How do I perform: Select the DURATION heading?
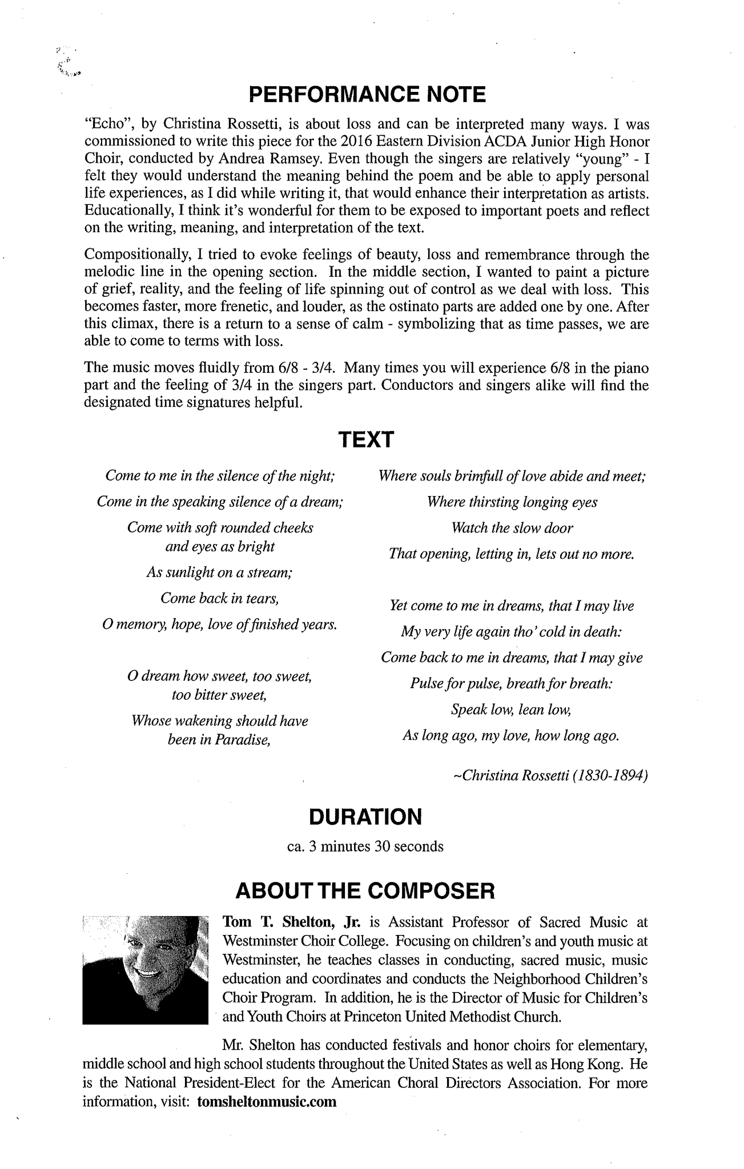365,817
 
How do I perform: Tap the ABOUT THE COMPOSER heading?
365,890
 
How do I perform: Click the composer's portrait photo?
146,968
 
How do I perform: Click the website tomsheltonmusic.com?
267,1102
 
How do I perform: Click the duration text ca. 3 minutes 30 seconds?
365,846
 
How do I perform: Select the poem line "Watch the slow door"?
512,528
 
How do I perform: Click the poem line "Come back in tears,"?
220,598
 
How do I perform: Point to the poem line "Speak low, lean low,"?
511,710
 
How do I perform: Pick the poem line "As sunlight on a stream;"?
220,573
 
